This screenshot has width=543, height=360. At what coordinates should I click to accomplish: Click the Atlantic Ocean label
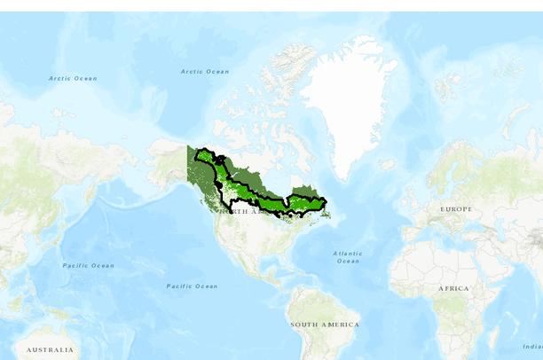(348, 257)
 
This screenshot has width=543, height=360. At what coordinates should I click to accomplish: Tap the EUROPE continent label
(457, 209)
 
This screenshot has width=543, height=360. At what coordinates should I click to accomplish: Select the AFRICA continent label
(452, 289)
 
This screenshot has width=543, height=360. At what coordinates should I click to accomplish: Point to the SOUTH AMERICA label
(325, 325)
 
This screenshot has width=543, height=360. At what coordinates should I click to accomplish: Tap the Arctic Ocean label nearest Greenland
(205, 72)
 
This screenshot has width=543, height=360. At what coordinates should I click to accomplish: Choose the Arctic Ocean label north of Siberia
(73, 79)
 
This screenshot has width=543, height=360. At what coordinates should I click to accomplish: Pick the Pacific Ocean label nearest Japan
(88, 266)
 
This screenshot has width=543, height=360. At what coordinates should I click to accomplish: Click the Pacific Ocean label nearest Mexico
(193, 286)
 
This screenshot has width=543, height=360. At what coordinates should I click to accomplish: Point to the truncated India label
(532, 347)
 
